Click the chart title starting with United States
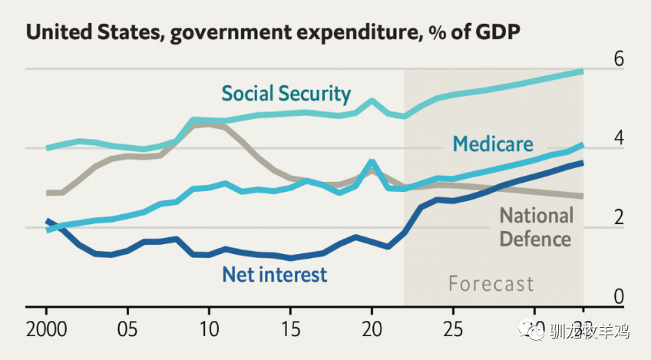272,32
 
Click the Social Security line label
286,94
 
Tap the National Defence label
536,226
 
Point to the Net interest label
274,274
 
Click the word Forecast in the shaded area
491,284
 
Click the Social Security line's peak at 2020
372,101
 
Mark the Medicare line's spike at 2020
372,162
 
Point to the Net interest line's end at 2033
583,163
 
